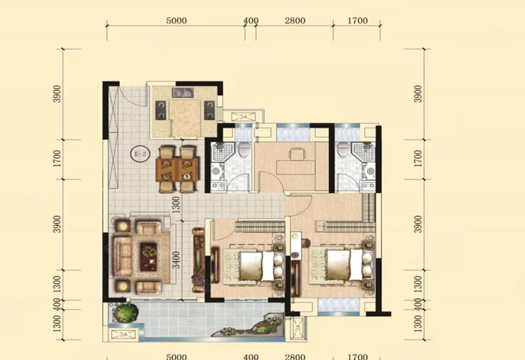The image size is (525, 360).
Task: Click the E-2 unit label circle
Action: (140, 154)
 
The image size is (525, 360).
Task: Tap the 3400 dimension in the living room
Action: (177, 260)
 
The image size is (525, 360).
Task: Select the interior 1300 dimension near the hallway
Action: (177, 205)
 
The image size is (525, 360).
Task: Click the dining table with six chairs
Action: (177, 169)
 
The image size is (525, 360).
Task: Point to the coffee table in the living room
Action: (149, 256)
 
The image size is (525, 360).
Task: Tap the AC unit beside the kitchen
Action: (243, 117)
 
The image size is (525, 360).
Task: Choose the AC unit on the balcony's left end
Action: (123, 334)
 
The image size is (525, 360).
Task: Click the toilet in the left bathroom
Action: (243, 149)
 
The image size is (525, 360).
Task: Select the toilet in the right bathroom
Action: (343, 149)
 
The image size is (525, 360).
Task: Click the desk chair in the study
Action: (297, 154)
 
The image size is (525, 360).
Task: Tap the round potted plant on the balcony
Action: (125, 312)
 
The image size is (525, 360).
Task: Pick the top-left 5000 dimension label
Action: (177, 21)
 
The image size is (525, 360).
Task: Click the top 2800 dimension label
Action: (295, 21)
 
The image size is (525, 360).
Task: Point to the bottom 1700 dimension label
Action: (357, 357)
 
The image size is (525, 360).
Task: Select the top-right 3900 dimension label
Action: (418, 94)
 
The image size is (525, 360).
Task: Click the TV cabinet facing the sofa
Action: (199, 260)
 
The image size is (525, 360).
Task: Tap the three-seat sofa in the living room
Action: (122, 256)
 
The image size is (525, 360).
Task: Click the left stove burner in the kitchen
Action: (161, 110)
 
